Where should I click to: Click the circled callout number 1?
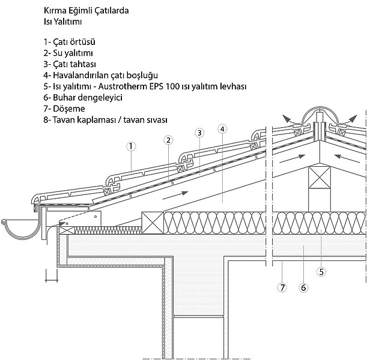click(x=131, y=146)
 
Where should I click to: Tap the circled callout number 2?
click(x=168, y=140)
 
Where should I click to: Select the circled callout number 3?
click(x=199, y=133)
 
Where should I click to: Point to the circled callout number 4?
click(x=222, y=129)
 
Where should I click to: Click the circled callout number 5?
click(x=321, y=272)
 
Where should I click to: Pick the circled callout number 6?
click(x=303, y=287)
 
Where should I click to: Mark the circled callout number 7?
click(x=282, y=287)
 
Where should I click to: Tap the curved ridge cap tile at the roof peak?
click(x=320, y=110)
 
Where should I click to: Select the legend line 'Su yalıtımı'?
click(x=68, y=53)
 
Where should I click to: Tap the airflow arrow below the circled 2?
click(x=175, y=196)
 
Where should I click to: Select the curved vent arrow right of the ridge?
click(x=349, y=119)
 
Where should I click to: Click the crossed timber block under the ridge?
click(x=320, y=177)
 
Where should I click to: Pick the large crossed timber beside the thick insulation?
click(x=153, y=223)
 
